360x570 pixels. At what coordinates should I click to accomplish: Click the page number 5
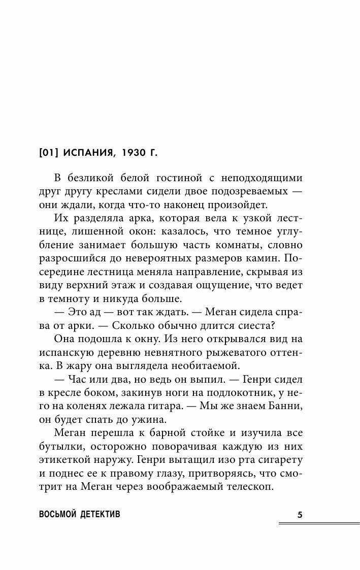300,515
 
